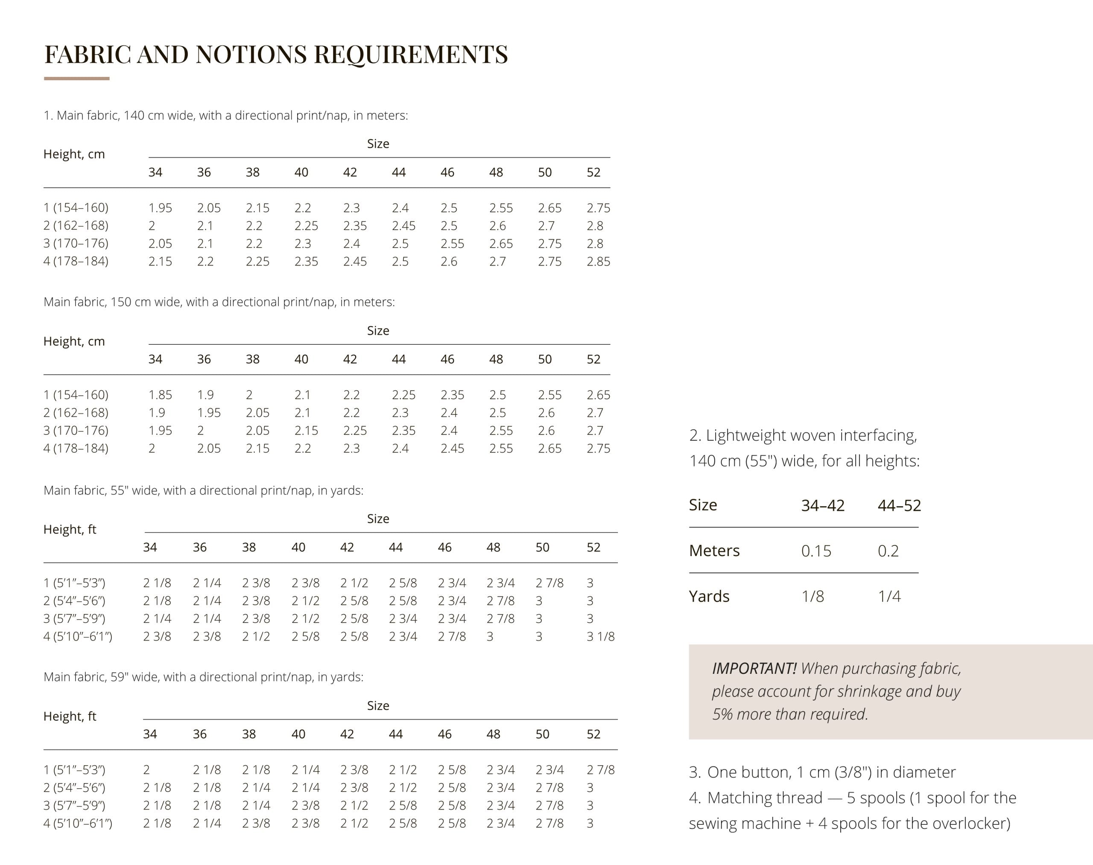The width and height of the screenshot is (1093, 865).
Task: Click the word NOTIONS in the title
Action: (x=251, y=54)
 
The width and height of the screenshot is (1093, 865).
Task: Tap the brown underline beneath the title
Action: (x=76, y=79)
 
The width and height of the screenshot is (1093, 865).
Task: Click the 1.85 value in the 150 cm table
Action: (x=160, y=395)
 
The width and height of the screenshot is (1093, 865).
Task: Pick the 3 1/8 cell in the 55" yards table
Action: (x=600, y=637)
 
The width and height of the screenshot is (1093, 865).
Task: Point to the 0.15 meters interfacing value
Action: (x=816, y=551)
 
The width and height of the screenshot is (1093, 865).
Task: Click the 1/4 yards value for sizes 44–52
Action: (x=889, y=597)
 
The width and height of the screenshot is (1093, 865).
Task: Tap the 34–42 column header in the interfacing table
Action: (x=822, y=505)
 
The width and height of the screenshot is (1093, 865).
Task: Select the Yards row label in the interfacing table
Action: (x=709, y=597)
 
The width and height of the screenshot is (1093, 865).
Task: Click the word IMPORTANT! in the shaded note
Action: (x=754, y=669)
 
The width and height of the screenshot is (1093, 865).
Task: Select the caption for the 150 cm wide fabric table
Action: (x=219, y=303)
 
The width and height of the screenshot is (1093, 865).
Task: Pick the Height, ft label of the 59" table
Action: (x=70, y=716)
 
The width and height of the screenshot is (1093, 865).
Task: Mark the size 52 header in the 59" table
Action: (x=593, y=734)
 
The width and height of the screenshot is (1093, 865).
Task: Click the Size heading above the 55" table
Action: (x=378, y=519)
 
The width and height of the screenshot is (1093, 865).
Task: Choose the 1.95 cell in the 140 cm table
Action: (x=160, y=208)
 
